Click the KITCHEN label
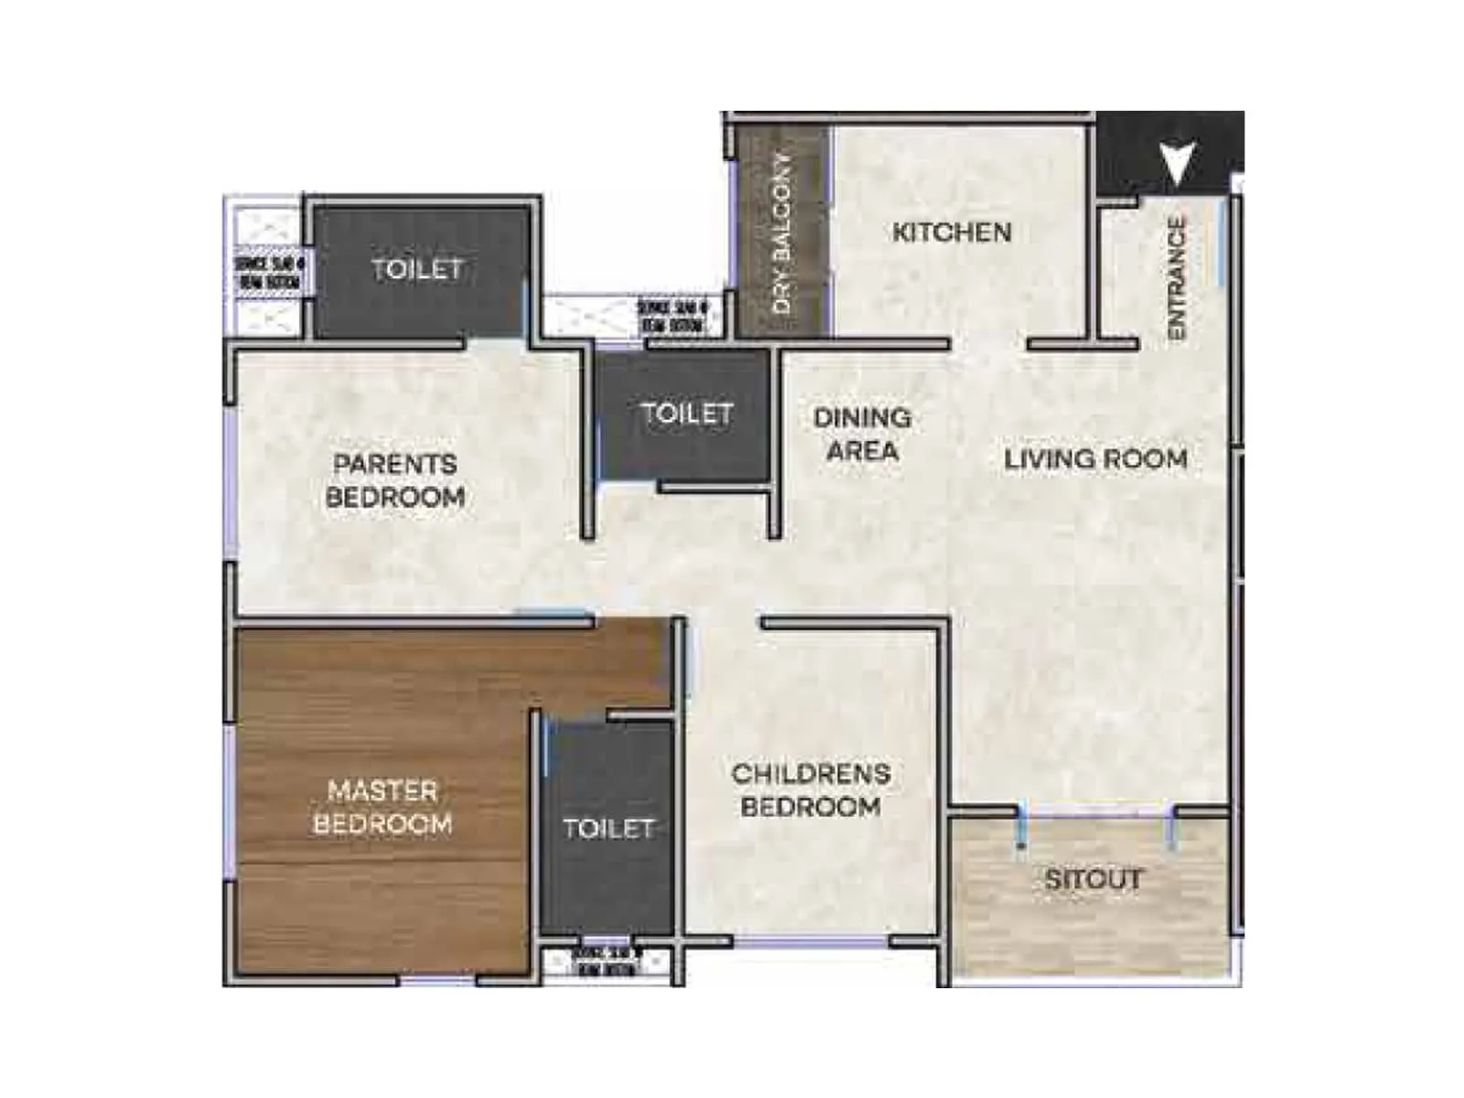coord(952,232)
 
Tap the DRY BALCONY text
coord(783,232)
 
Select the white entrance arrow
coord(1177,163)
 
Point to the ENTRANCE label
coord(1177,278)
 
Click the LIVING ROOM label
coord(1095,458)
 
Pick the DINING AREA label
coord(862,434)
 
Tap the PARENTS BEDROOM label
coord(394,480)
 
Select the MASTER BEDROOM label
coord(382,807)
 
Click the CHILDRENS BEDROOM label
coord(811,790)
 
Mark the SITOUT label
coord(1093,879)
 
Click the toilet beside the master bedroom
coord(608,828)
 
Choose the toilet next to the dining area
coord(686,414)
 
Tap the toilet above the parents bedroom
coord(417,269)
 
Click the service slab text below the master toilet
coord(607,962)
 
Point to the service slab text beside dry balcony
coord(673,316)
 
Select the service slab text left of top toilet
coord(270,273)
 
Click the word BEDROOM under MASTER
coord(382,823)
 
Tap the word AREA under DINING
coord(862,450)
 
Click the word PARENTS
coord(394,464)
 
